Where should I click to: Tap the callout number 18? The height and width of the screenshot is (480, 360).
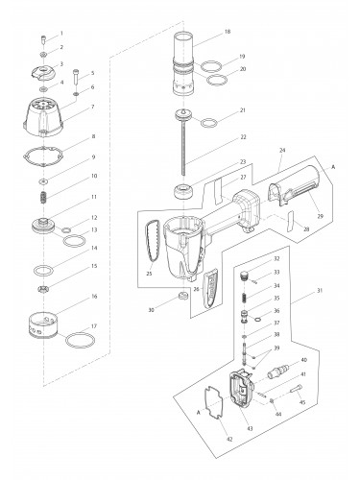click(227, 32)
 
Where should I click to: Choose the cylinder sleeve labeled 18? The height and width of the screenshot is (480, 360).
click(183, 66)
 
